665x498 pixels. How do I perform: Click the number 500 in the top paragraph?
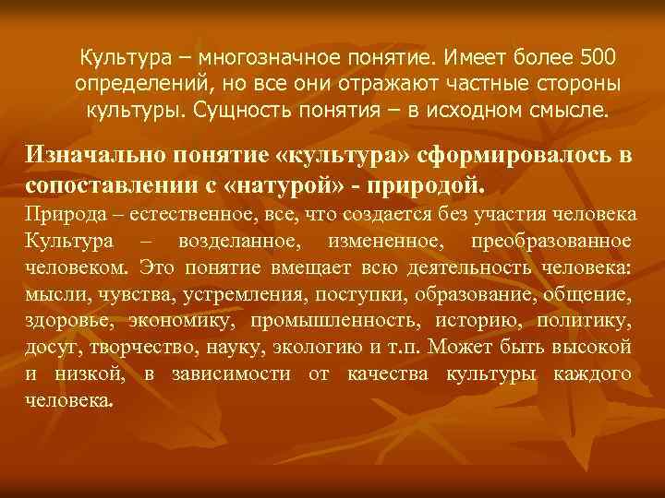603,58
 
